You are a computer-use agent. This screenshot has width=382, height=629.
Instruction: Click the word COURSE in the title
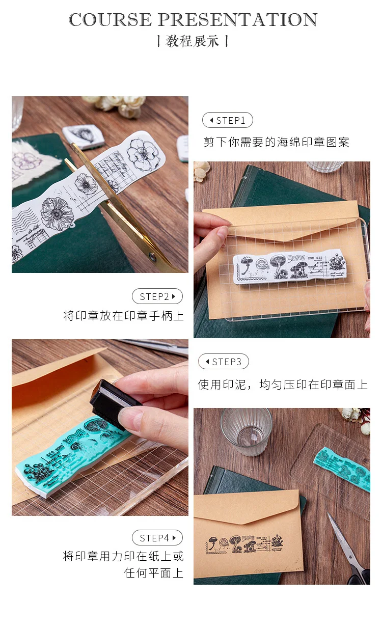pos(111,20)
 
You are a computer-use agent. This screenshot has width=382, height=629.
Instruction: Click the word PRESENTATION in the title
pos(237,20)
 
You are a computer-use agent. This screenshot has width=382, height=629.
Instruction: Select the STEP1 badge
pos(228,120)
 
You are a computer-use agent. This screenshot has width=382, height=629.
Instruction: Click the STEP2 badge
pos(157,296)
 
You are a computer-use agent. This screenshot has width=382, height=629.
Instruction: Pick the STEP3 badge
pos(224,362)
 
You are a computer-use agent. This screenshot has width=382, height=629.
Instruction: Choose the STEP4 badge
pos(157,538)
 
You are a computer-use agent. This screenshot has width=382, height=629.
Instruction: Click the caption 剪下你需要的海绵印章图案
pos(277,142)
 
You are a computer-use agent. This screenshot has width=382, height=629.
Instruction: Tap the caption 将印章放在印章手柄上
pos(123,316)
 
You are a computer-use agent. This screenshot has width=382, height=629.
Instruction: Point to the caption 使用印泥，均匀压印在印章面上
pos(283,385)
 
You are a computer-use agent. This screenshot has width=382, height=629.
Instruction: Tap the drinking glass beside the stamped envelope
pos(246,430)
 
